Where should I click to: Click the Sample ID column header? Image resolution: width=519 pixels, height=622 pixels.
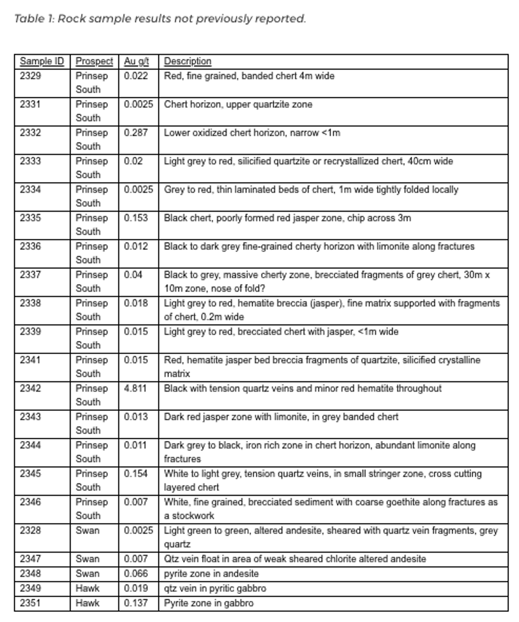coord(41,61)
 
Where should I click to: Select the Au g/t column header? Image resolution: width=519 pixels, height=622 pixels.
coord(137,61)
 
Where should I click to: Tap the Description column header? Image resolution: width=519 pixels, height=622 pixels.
coord(187,61)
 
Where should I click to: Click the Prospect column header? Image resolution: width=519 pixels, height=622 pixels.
coord(94,61)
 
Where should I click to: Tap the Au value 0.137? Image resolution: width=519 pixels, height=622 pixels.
coord(136,603)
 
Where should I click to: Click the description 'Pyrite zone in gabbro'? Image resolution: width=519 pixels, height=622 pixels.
coord(209,603)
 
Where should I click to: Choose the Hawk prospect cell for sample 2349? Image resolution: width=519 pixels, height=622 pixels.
coord(87,588)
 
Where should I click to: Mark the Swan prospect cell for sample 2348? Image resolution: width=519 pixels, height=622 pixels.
coord(87,573)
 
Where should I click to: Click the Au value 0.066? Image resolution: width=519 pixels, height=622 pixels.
coord(136,573)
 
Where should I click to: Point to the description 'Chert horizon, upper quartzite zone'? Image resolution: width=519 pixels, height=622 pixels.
coord(238,104)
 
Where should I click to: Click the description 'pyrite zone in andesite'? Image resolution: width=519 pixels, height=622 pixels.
coord(211,573)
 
